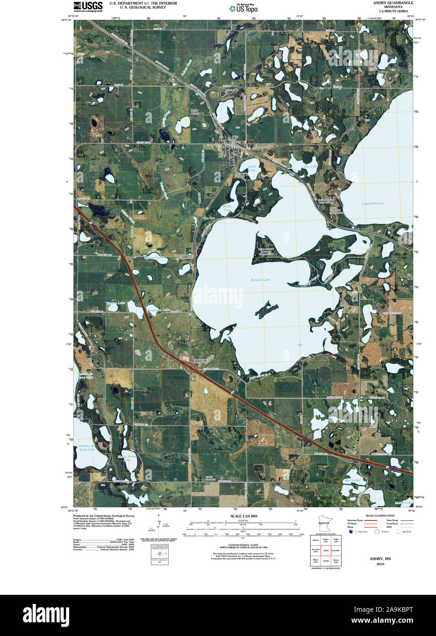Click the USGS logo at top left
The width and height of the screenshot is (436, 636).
tap(88, 6)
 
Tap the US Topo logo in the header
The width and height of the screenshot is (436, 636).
tap(243, 8)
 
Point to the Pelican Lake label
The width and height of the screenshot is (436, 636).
tap(260, 280)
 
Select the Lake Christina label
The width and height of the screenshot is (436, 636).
tap(372, 203)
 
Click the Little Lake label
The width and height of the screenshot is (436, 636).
tap(252, 168)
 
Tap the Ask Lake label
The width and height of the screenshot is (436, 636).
tap(310, 167)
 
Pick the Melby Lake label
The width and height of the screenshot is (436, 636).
tap(227, 208)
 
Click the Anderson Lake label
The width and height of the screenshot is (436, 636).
tap(159, 310)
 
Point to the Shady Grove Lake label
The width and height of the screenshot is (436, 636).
tap(127, 458)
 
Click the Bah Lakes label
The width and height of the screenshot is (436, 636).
tap(353, 480)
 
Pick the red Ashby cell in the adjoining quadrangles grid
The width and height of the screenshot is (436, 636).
tap(326, 550)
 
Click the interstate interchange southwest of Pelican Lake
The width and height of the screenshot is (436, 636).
tap(191, 367)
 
